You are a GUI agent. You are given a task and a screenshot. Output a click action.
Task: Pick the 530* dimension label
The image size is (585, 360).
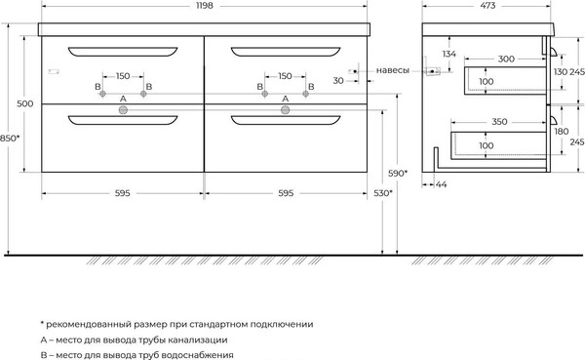click(382, 193)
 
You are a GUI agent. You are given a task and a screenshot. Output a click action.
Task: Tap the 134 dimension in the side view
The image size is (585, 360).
click(449, 54)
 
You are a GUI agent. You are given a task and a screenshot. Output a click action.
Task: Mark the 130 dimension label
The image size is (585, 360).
click(559, 73)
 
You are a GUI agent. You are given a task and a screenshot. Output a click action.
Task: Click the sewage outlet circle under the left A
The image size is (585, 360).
click(123, 110)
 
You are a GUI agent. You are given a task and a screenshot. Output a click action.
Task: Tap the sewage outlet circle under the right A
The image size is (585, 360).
click(285, 110)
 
